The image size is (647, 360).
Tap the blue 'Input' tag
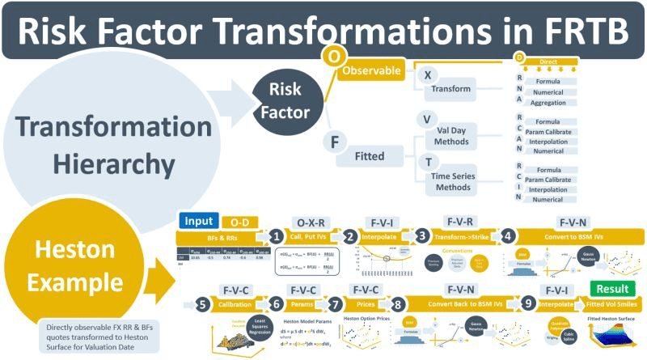[x=196, y=222]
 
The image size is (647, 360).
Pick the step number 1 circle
[x=277, y=236]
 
